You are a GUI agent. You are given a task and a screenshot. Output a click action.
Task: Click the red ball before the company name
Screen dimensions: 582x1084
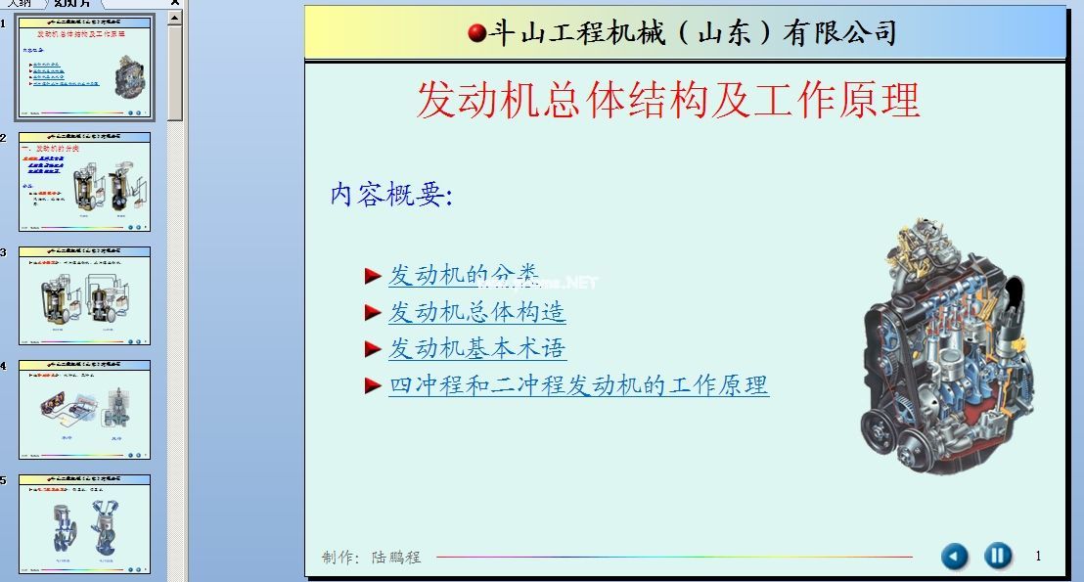point(477,34)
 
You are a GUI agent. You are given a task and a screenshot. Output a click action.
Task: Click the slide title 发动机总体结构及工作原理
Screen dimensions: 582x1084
point(668,100)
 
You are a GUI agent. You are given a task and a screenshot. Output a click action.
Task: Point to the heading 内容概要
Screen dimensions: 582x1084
point(391,195)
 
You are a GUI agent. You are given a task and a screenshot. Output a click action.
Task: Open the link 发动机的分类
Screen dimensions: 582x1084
point(463,275)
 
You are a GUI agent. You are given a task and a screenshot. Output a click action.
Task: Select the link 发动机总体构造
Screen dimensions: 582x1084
point(476,312)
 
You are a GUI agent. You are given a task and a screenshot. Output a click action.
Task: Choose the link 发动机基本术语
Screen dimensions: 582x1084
point(476,348)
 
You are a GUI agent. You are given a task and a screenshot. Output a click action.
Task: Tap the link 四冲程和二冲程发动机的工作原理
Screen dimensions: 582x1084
point(578,385)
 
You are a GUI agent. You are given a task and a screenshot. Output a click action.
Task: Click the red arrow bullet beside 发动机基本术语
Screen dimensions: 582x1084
point(372,348)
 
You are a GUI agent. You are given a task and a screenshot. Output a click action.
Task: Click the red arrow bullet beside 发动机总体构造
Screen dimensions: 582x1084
point(372,312)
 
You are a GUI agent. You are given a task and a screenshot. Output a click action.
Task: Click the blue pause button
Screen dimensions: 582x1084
point(997,557)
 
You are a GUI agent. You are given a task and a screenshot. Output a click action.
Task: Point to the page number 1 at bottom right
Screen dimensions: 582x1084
point(1038,557)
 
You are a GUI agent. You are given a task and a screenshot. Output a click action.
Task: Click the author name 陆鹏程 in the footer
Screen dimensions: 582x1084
point(396,558)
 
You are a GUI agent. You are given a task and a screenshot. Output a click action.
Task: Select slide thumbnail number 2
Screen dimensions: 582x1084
point(84,182)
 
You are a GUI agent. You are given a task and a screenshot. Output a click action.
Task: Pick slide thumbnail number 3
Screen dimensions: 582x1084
point(84,295)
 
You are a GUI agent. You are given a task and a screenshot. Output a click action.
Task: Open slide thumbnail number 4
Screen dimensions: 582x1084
point(84,409)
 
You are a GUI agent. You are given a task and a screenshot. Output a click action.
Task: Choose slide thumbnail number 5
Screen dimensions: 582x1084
point(84,523)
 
